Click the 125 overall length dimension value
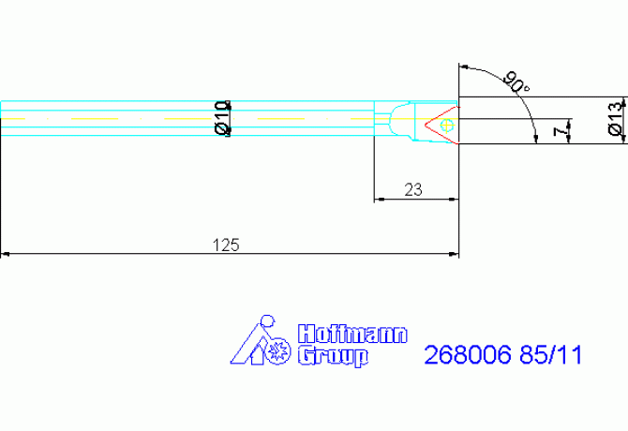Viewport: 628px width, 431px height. pyautogui.click(x=226, y=245)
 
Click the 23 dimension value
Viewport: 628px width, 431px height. pyautogui.click(x=412, y=190)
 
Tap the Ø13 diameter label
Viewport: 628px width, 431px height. pyautogui.click(x=615, y=120)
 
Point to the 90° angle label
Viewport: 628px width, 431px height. pyautogui.click(x=515, y=82)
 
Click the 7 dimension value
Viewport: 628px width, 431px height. pyautogui.click(x=561, y=131)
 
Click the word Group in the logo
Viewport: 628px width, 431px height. pyautogui.click(x=332, y=356)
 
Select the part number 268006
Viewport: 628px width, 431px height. pyautogui.click(x=467, y=356)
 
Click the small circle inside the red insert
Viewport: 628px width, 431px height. pyautogui.click(x=447, y=123)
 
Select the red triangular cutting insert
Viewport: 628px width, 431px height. pyautogui.click(x=440, y=124)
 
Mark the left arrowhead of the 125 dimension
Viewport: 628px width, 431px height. pyautogui.click(x=6, y=254)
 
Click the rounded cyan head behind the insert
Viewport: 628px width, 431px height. pyautogui.click(x=403, y=122)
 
